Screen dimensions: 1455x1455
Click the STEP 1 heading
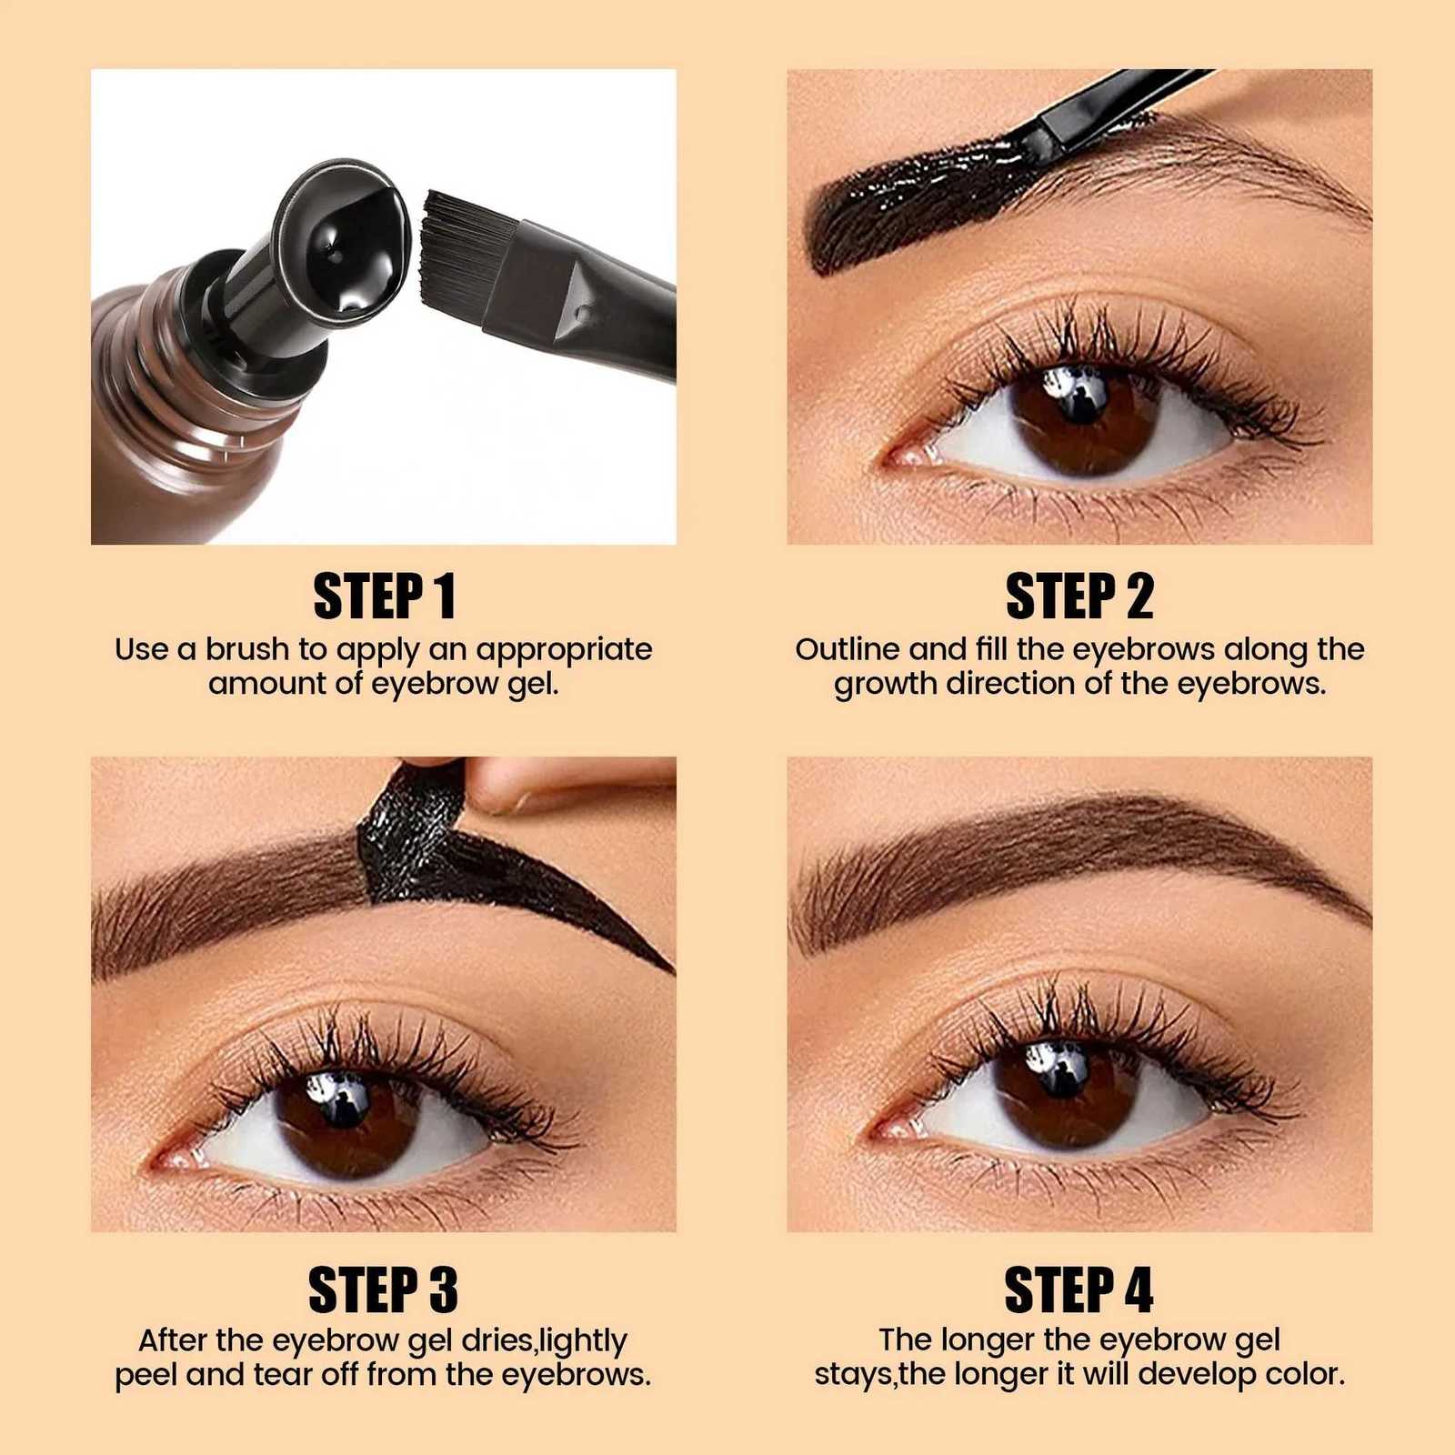(x=384, y=597)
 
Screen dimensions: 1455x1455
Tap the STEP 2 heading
(x=1079, y=597)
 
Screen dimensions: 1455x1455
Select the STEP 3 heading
(x=384, y=1289)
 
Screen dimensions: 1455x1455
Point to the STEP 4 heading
(x=1079, y=1289)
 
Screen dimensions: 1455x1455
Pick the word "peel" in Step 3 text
(x=145, y=1374)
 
